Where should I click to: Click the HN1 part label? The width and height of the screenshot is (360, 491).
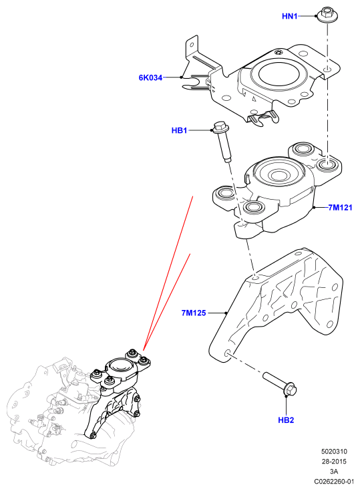(x=290, y=16)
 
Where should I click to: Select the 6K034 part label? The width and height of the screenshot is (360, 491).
(x=150, y=77)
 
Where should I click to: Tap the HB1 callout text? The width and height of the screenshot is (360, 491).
(x=180, y=130)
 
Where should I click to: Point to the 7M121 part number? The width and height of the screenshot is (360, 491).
(x=340, y=207)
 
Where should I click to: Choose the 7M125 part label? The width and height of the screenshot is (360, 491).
(x=194, y=313)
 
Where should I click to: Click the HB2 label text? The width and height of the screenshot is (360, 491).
(x=286, y=420)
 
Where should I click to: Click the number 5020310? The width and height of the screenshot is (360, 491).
(x=334, y=452)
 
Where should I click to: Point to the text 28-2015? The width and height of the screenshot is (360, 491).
(x=334, y=462)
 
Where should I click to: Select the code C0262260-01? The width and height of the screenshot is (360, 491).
(x=334, y=481)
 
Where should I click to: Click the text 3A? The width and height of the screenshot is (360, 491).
(x=334, y=471)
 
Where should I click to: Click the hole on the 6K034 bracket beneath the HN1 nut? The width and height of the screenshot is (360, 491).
(x=327, y=70)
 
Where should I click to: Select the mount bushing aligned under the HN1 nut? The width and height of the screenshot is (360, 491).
(x=327, y=164)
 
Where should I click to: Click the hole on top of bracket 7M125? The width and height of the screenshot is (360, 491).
(x=255, y=278)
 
